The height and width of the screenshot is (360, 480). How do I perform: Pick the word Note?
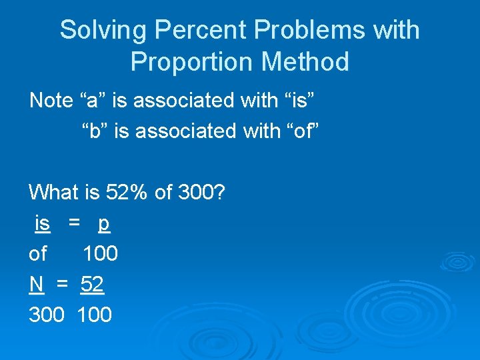click(51, 101)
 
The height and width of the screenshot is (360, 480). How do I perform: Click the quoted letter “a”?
click(93, 101)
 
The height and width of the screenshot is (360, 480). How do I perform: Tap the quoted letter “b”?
click(95, 131)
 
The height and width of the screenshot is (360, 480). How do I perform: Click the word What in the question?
click(53, 193)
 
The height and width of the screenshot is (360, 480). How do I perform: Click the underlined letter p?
click(103, 225)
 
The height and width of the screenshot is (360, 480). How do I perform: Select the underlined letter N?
click(36, 285)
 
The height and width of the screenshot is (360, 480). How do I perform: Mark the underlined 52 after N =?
click(92, 285)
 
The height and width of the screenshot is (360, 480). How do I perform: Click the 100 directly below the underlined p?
click(100, 254)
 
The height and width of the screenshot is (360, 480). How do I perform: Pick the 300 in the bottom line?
click(47, 314)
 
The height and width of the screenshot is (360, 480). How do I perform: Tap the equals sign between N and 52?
click(63, 285)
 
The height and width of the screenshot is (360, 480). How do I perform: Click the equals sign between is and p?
click(75, 225)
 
